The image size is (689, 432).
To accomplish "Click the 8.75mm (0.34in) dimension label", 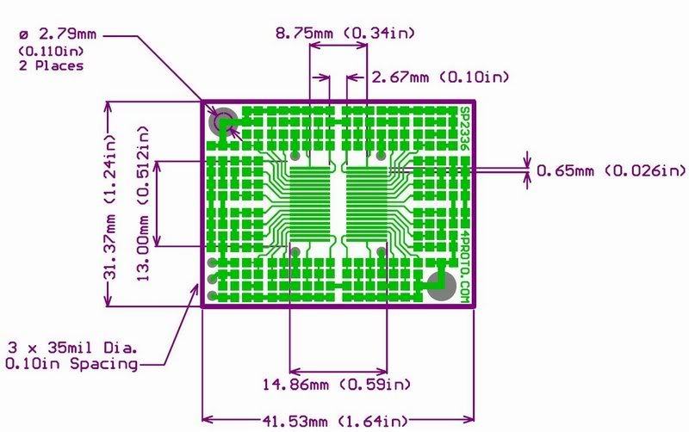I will [345, 33].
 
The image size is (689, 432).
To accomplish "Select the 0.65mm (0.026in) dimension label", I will [611, 171].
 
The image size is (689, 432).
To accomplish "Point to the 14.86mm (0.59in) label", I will [336, 383].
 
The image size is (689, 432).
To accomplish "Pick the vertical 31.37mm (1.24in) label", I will [109, 202].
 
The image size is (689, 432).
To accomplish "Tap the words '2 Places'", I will [51, 65].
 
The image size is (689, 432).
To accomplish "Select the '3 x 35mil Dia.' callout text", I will [72, 349].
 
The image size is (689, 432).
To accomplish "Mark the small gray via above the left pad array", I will [295, 157].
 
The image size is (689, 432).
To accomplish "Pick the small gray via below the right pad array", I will [382, 252].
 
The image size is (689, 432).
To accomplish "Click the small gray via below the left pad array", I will [295, 252].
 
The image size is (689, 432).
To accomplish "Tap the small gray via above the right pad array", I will [382, 157].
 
